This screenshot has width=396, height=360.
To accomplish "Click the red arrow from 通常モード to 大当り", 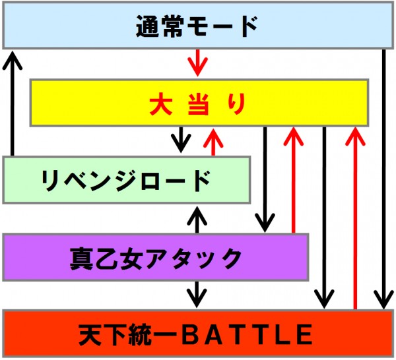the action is pos(197,63).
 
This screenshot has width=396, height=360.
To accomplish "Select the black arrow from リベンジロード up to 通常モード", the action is pos(12,103).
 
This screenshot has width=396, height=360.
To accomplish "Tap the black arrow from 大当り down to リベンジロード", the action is pos(181,140).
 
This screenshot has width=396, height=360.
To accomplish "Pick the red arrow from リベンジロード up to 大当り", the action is pos(213,142).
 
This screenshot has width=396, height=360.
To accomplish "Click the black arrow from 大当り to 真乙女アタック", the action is pos(265,179).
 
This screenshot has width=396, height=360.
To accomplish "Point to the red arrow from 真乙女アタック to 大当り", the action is pos(293,180).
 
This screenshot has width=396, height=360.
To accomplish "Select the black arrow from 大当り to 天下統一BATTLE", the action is pos(324,218).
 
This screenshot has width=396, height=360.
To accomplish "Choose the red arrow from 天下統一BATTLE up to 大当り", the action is pos(355,218).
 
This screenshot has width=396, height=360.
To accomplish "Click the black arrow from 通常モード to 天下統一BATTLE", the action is pos(384,179).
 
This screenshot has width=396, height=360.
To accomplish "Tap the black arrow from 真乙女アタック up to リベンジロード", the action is pos(197,220).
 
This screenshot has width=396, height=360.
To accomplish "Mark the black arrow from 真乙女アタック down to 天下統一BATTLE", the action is pos(197,294).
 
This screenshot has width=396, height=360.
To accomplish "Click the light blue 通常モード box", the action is pos(198,25).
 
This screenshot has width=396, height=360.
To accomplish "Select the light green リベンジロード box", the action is pos(127,180).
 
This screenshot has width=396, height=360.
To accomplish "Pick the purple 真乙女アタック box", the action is pos(156,257).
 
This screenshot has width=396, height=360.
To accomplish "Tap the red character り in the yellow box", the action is pos(236,104).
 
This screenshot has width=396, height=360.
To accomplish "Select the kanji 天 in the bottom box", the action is pos(90,334).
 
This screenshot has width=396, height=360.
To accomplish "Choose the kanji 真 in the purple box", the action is pos(81,258).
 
